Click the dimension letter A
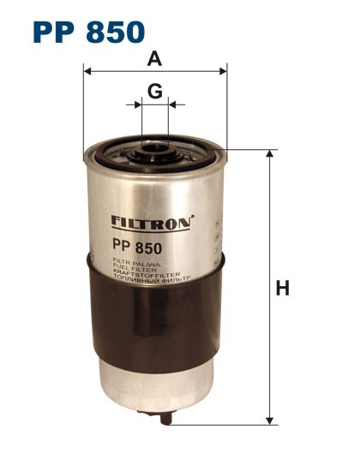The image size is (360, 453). pyautogui.click(x=154, y=59)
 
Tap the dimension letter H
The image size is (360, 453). pyautogui.click(x=282, y=289)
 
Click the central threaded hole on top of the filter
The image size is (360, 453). pyautogui.click(x=155, y=154)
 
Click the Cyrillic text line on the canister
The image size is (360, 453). pyautogui.click(x=149, y=279)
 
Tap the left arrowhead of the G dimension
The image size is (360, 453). pyautogui.click(x=139, y=104)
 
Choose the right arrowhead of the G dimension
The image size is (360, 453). pyautogui.click(x=171, y=104)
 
